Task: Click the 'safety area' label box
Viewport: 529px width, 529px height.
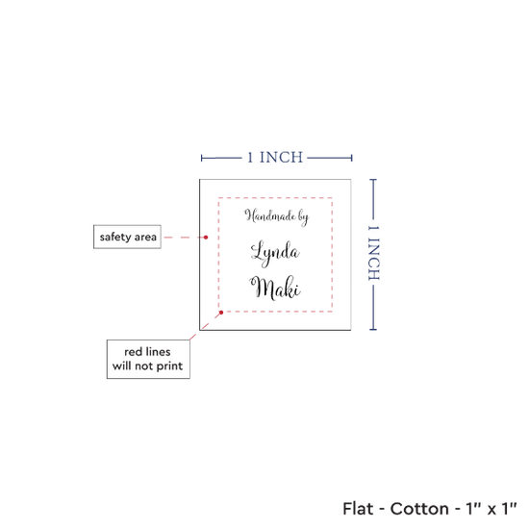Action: [x=127, y=237]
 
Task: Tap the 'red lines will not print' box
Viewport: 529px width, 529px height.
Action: [x=148, y=359]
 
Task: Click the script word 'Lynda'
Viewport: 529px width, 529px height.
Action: [x=275, y=253]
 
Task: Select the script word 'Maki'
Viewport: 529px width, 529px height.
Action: [x=275, y=288]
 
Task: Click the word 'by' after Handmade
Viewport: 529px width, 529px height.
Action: [x=304, y=217]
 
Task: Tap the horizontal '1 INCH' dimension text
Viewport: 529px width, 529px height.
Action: [x=275, y=158]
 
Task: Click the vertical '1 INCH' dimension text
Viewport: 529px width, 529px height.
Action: [x=373, y=253]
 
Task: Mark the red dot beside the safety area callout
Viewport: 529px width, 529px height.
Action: [x=206, y=238]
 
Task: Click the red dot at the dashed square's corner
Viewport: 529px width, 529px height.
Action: [x=221, y=313]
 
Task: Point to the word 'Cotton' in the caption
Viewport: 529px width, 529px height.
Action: [x=419, y=509]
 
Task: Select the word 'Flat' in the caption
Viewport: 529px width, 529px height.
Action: [x=358, y=509]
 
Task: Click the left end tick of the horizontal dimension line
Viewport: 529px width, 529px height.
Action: [x=201, y=158]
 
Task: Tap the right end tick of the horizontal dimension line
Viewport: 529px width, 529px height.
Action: [x=351, y=158]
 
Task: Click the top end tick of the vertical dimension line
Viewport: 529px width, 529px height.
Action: [x=373, y=180]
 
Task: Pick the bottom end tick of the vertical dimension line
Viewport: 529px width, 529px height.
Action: [x=373, y=329]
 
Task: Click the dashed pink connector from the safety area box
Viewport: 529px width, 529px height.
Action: [x=184, y=238]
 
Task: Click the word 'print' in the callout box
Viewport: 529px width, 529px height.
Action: [x=169, y=366]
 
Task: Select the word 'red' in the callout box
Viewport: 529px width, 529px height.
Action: [x=133, y=352]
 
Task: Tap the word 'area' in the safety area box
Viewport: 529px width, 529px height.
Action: [x=145, y=238]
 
